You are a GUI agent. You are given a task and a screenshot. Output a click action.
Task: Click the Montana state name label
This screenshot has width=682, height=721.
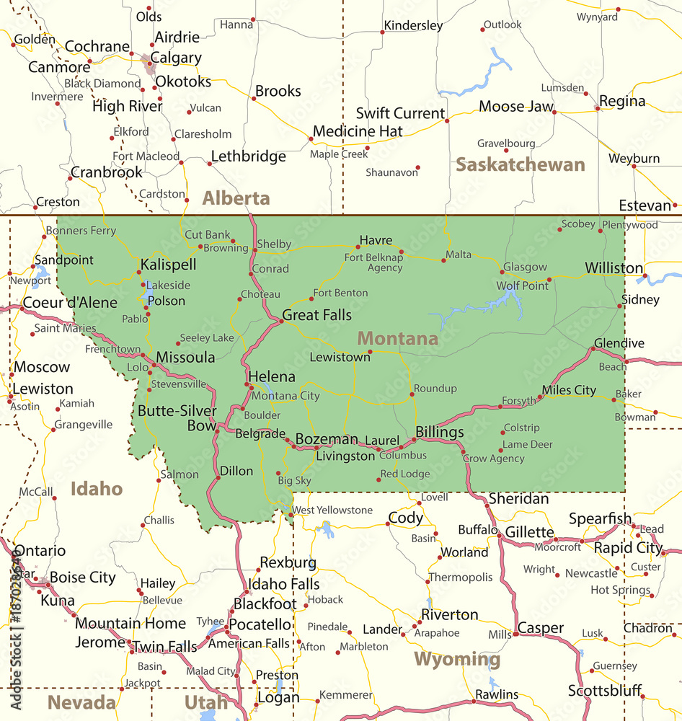pos(397,338)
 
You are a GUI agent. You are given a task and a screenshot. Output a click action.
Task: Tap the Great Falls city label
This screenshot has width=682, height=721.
pos(316,315)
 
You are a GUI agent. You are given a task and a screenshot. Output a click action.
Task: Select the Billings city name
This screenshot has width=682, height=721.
pos(439,432)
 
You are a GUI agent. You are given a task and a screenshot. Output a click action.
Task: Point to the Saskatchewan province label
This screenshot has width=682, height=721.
pos(520,164)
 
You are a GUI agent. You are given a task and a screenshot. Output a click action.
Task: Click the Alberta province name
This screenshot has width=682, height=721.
pos(236,198)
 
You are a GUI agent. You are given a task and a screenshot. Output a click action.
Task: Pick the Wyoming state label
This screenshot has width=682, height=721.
pos(457,659)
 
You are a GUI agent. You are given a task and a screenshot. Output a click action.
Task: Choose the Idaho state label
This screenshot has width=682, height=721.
pos(97,489)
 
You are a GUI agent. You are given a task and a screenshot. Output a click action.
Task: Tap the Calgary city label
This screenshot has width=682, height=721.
pos(177,58)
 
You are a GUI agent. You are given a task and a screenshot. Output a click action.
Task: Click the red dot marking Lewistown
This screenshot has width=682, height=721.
pos(370,352)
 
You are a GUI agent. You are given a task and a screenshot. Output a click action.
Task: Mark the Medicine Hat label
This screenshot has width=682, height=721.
pos(358,131)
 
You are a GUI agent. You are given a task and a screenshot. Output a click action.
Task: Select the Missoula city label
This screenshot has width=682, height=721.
pos(185,358)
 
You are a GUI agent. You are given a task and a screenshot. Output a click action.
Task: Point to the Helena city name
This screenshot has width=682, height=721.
pos(271,376)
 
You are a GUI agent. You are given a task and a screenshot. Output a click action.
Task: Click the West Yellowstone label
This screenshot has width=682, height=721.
pos(332,510)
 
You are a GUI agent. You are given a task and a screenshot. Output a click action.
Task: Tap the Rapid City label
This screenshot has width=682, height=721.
pos(627,548)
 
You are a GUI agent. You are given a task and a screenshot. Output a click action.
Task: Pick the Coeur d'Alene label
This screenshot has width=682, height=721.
pos(70,303)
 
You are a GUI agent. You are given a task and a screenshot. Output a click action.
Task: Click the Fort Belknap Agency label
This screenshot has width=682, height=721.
pos(373,262)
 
